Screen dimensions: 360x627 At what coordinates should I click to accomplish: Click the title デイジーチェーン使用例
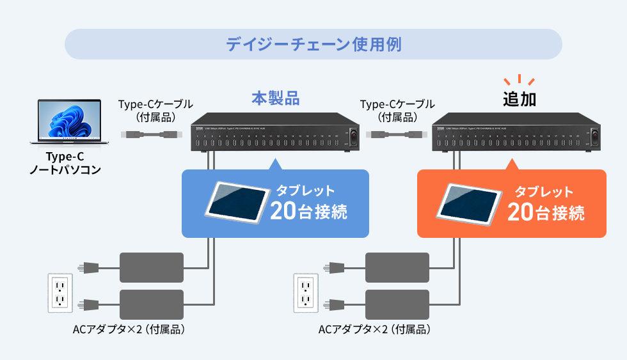tap(313, 45)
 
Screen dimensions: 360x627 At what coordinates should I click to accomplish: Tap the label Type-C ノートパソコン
tap(65, 163)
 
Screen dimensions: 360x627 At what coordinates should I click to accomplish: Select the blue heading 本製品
tap(276, 99)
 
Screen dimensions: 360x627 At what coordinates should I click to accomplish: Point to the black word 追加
tap(519, 100)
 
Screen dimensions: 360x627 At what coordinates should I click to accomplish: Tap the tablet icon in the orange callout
tap(468, 203)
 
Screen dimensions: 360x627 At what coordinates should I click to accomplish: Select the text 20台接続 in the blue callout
tap(309, 212)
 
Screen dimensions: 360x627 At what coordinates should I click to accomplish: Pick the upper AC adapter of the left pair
tap(152, 267)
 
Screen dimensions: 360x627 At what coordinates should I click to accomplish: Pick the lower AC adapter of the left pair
tap(152, 305)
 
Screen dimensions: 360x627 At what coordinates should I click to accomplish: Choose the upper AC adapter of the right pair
tap(397, 267)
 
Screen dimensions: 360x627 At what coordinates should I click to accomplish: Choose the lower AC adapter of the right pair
tap(397, 305)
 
